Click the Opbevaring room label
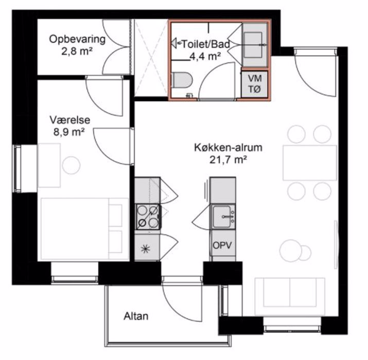77,39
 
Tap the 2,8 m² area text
77,51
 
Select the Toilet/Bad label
206,44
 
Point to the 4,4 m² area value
205,56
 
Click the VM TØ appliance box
255,84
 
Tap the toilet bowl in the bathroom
182,80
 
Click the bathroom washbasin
253,45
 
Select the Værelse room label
69,120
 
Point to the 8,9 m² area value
69,132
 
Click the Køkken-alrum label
228,148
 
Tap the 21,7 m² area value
228,160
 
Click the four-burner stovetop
148,217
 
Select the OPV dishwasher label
222,245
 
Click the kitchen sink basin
222,217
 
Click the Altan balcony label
136,316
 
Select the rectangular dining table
310,163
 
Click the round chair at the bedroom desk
71,165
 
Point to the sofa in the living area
290,296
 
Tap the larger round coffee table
290,250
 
